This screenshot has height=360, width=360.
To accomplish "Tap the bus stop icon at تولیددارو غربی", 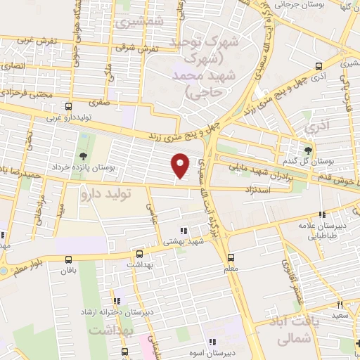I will click(67, 107).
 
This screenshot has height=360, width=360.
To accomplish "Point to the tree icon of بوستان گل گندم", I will click(307, 150).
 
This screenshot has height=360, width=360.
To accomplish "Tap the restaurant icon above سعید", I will click(339, 304).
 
